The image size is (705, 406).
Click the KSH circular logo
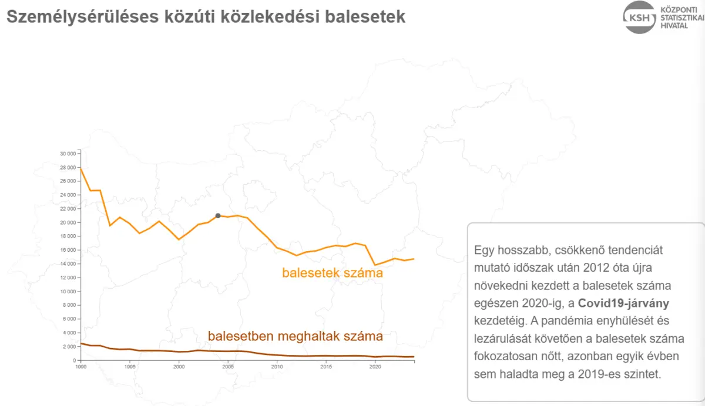click(x=640, y=17)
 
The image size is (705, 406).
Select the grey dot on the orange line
click(x=218, y=216)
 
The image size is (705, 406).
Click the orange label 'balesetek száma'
click(x=333, y=273)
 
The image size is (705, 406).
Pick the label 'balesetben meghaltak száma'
click(x=296, y=337)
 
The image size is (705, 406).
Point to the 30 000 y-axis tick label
click(x=68, y=154)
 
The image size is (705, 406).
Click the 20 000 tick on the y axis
click(x=68, y=222)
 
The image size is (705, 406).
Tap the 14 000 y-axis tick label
click(x=68, y=264)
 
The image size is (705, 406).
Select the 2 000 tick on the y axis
click(x=70, y=347)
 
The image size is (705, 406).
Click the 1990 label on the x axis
click(x=81, y=367)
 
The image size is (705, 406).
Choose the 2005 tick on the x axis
click(x=228, y=367)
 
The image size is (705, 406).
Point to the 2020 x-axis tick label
click(x=375, y=367)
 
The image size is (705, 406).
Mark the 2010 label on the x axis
click(x=277, y=367)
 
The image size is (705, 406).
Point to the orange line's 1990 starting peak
click(x=81, y=169)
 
